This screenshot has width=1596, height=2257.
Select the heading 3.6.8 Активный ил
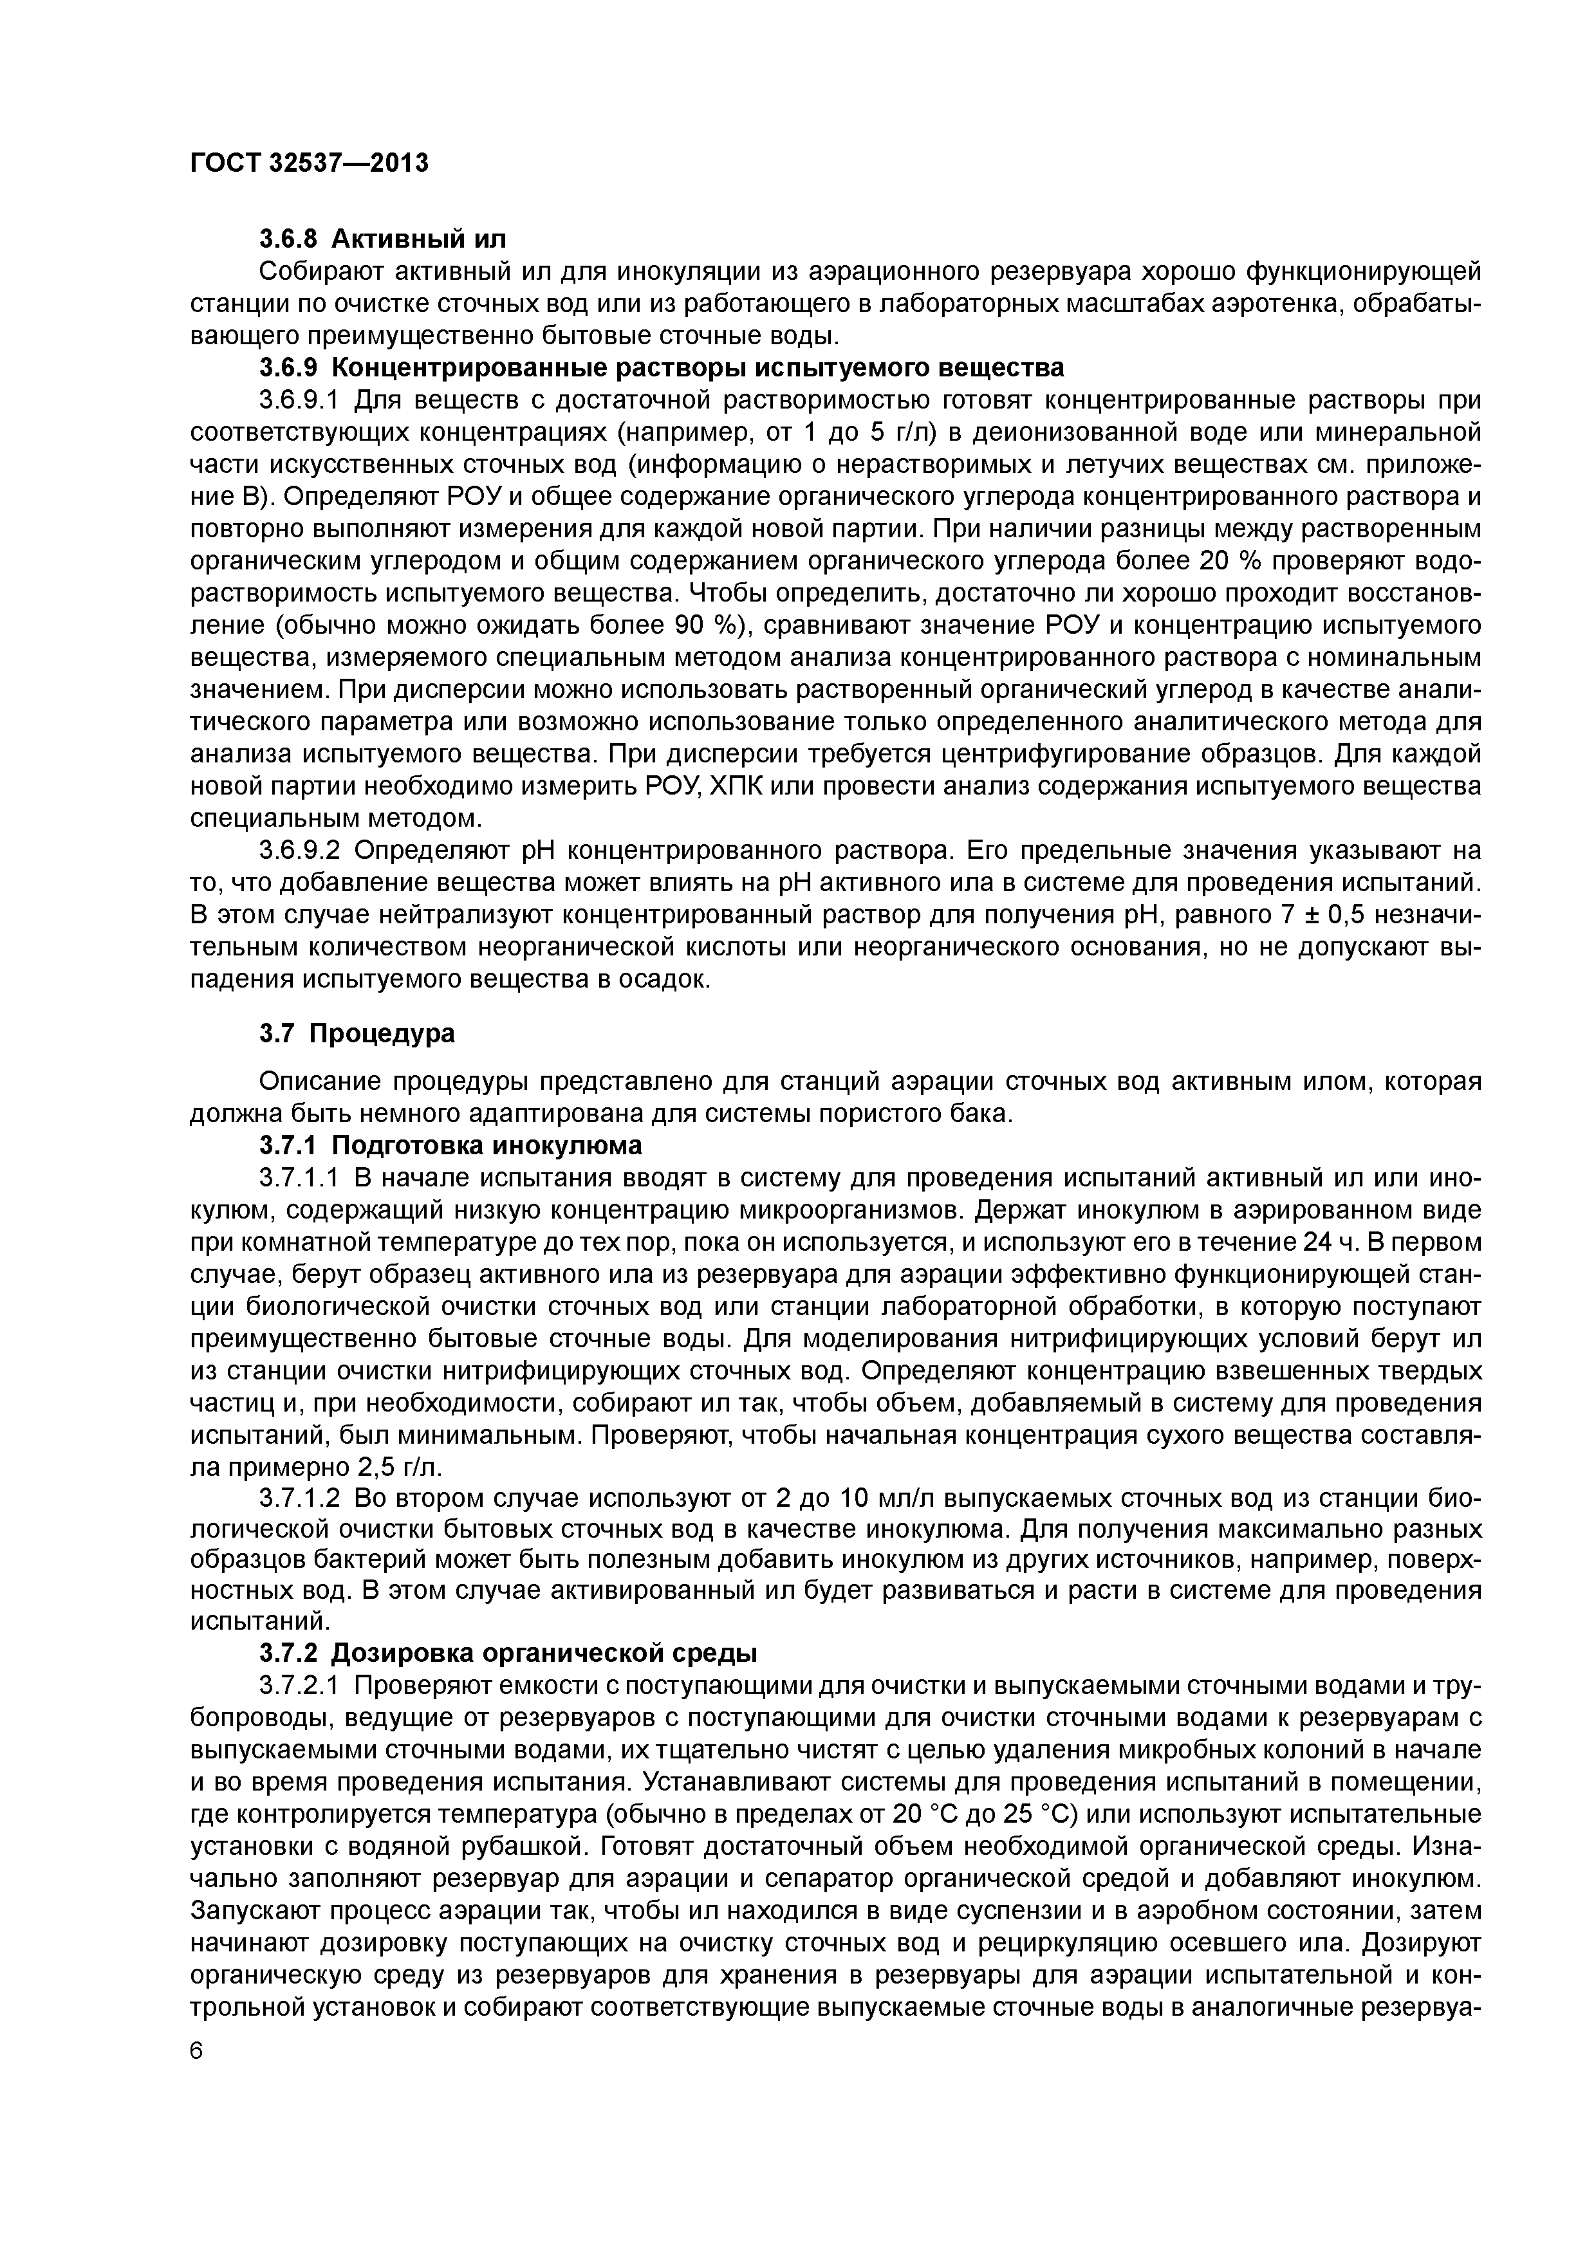(384, 239)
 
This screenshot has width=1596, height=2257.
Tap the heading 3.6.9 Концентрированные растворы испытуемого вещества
(661, 367)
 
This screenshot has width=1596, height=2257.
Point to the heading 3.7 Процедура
(357, 1034)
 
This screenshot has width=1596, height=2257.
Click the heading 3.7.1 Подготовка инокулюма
(450, 1145)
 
